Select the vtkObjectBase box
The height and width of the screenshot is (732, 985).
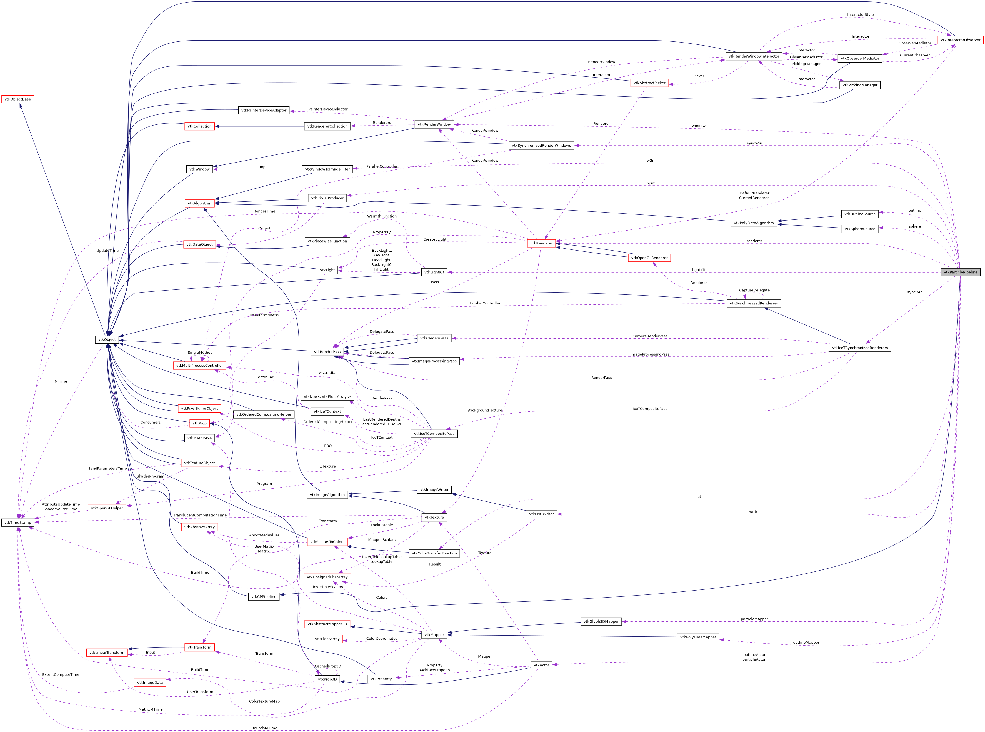18,99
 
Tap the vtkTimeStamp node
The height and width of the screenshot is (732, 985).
18,523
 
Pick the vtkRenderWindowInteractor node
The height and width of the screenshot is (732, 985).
753,56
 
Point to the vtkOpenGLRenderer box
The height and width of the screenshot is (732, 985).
649,258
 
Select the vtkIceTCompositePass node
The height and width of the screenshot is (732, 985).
434,434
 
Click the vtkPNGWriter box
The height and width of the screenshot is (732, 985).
541,514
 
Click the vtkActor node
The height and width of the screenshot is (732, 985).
541,665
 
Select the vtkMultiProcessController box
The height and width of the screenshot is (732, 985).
199,366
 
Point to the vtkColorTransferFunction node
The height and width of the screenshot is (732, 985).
434,553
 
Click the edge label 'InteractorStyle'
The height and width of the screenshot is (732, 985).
860,15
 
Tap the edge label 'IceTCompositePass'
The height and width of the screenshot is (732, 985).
649,409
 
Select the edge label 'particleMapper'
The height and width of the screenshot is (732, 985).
754,619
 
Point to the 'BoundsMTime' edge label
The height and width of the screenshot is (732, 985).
264,728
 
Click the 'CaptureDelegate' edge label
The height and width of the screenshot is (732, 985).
754,290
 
